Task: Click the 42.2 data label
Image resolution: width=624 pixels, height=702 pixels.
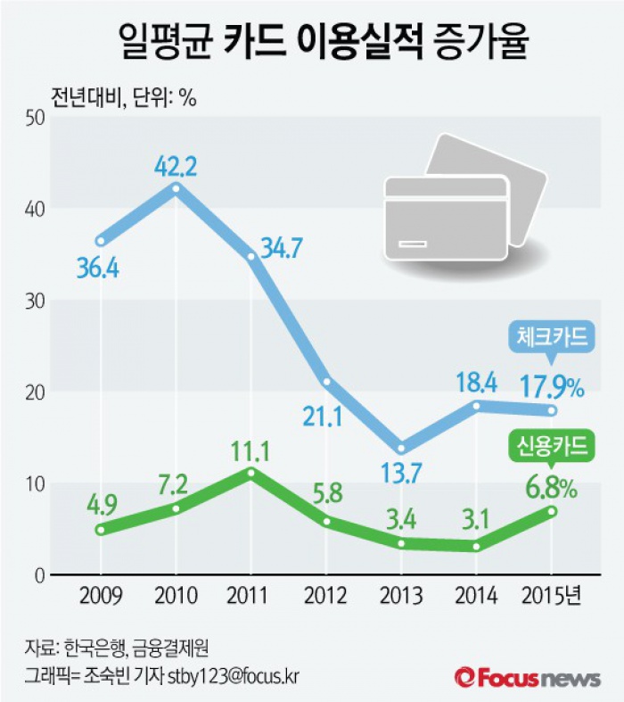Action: (x=176, y=167)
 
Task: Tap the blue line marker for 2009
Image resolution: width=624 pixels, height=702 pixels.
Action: (x=101, y=241)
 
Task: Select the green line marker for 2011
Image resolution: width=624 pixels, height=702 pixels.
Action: (x=250, y=472)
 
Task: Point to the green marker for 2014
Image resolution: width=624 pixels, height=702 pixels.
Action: (x=476, y=547)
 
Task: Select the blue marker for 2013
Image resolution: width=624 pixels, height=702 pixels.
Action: (x=401, y=448)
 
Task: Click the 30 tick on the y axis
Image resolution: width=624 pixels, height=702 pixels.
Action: (x=34, y=300)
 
